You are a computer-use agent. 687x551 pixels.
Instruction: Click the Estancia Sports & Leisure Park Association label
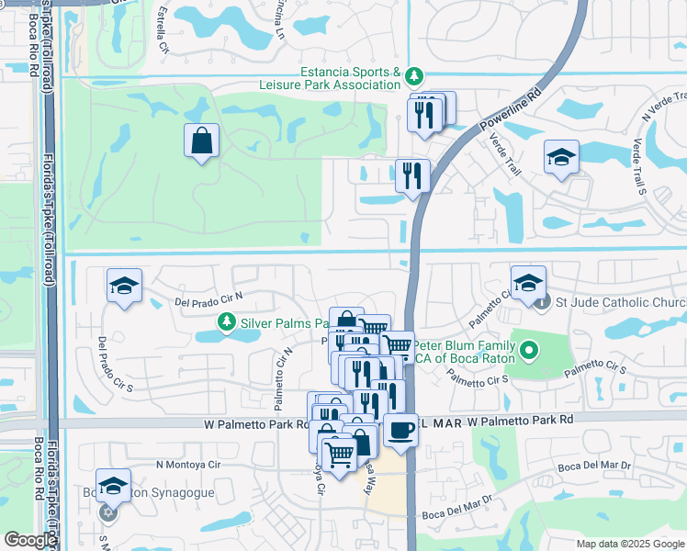[x=352, y=79]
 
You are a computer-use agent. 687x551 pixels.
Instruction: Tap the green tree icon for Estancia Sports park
[x=414, y=74]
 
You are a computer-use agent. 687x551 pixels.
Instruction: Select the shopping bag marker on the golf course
[x=201, y=141]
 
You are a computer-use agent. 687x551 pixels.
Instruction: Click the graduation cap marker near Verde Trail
[x=560, y=157]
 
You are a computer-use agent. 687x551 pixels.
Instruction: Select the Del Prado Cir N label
[x=208, y=297]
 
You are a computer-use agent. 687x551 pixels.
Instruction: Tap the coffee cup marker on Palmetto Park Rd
[x=400, y=430]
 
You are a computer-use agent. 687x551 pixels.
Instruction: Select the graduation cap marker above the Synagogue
[x=113, y=486]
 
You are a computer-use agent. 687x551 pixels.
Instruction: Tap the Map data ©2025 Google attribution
[x=629, y=544]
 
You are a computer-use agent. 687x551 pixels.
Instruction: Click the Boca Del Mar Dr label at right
[x=594, y=467]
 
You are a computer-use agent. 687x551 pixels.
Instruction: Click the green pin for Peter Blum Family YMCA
[x=528, y=350]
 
